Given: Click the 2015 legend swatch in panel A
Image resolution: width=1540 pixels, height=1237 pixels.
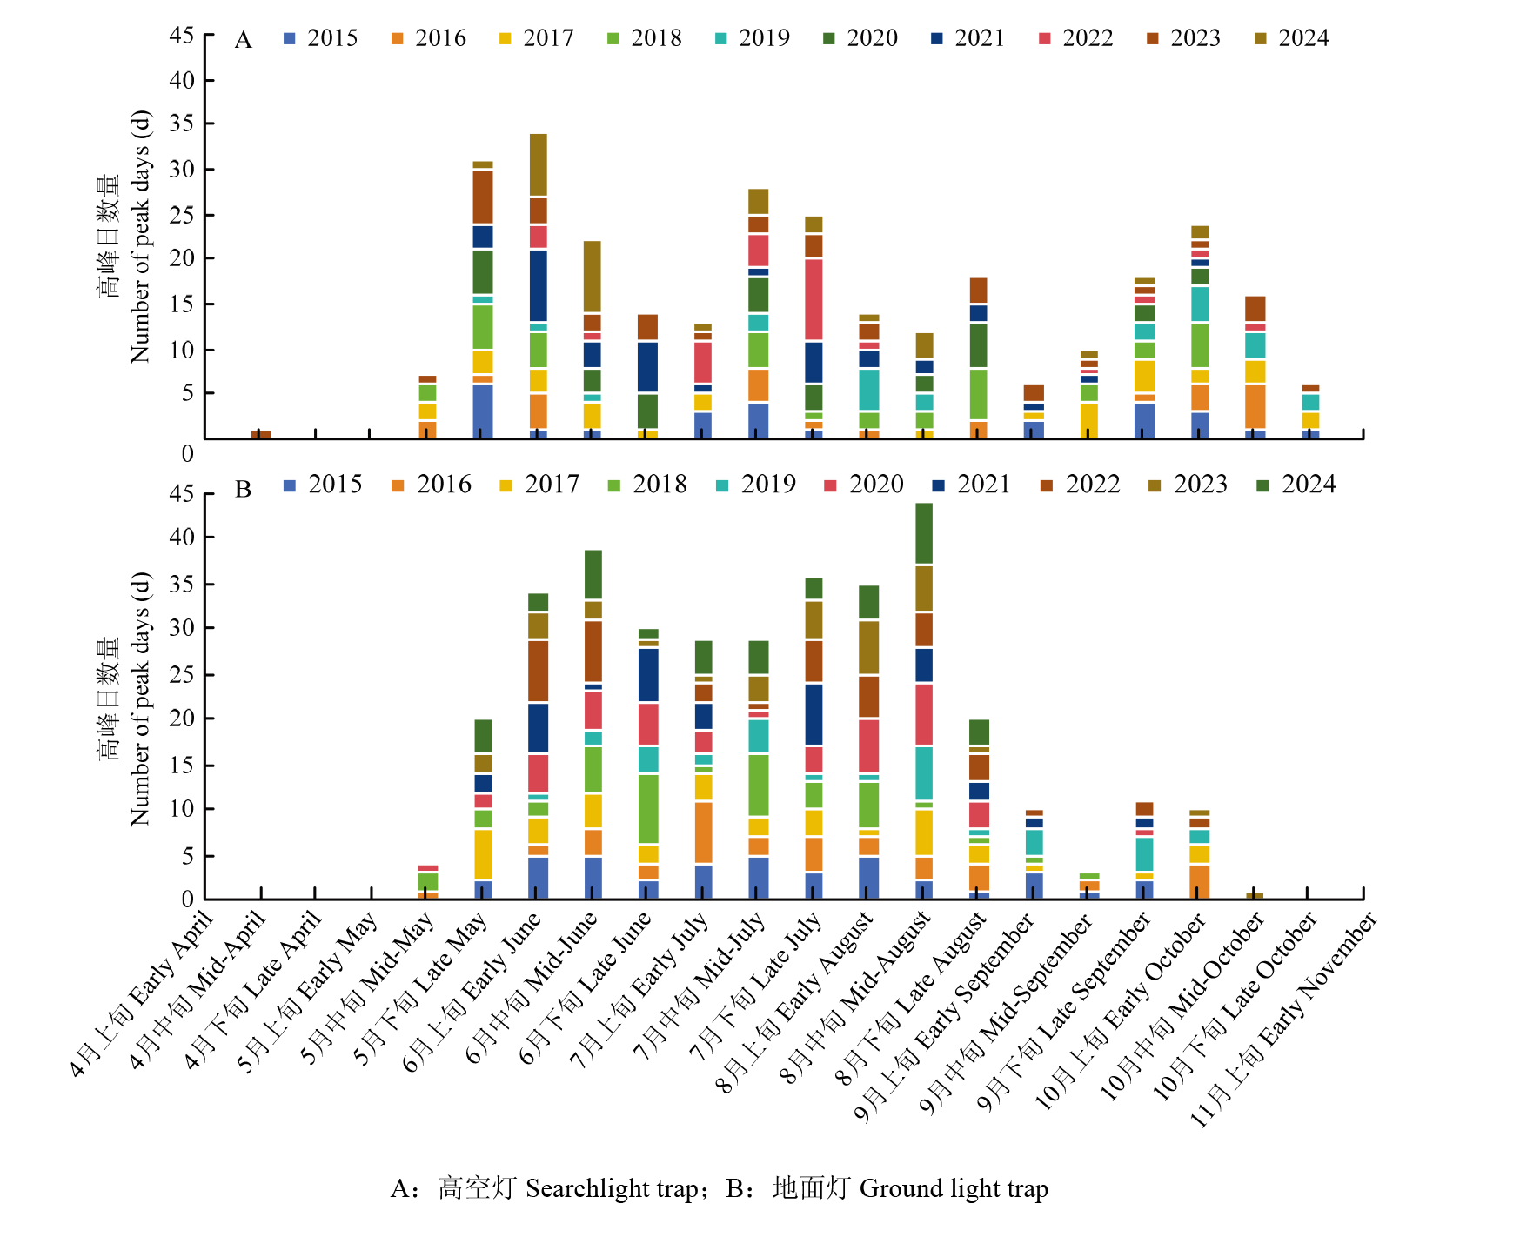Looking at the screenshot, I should click(x=290, y=38).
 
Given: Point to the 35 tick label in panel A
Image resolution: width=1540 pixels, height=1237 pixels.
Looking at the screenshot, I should click(x=182, y=124).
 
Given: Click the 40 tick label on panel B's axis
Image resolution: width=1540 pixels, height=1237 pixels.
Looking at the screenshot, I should click(x=182, y=537).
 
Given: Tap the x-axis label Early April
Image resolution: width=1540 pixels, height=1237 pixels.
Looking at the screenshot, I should click(x=144, y=992).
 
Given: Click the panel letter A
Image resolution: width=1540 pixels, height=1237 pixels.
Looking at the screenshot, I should click(x=243, y=41).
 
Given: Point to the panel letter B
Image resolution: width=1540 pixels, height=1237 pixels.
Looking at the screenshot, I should click(x=243, y=490).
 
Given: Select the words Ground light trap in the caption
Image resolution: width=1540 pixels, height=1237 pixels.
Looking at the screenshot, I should click(x=954, y=1188).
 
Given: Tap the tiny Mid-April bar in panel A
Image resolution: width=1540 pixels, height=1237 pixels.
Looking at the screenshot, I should click(x=261, y=434).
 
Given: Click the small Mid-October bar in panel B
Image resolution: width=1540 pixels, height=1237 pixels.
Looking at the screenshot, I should click(x=1255, y=895).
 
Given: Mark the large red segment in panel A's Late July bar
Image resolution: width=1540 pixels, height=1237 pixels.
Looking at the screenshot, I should click(x=814, y=299).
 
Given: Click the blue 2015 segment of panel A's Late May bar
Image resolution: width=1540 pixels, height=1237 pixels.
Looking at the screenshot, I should click(x=483, y=411).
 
